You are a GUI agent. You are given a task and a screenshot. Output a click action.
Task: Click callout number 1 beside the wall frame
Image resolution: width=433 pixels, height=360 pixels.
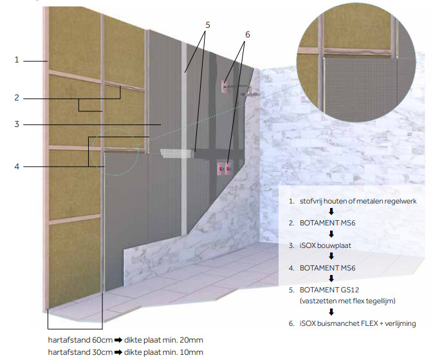point(17,60)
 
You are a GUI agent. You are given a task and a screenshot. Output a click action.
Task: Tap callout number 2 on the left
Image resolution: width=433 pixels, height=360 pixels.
point(17,98)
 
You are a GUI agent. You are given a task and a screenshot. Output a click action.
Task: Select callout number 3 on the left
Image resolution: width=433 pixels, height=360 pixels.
point(17,124)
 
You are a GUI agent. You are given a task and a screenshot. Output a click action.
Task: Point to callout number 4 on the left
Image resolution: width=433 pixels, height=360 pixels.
point(17,166)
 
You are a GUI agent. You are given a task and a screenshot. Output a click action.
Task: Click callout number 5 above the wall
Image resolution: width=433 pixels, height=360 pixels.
point(208,25)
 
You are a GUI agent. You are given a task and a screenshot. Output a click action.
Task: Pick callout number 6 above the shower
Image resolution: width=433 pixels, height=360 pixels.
point(248,35)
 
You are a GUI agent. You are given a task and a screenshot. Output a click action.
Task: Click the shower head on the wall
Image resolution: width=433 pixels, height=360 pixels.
point(250,93)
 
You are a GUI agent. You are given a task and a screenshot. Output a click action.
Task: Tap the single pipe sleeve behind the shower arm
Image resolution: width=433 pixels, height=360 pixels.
point(224,87)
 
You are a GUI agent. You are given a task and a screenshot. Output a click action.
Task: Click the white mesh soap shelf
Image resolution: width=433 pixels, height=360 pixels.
point(176,153)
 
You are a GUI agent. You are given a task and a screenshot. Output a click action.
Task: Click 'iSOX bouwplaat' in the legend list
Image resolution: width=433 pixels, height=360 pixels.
point(326,245)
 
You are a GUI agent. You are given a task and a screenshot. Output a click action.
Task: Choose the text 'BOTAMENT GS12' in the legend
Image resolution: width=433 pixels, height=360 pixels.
point(329,290)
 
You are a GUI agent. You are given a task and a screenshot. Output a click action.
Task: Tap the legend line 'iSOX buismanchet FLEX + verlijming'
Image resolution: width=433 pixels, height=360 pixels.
point(358,323)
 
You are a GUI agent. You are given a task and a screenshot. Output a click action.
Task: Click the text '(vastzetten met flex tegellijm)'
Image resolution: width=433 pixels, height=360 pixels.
point(347,301)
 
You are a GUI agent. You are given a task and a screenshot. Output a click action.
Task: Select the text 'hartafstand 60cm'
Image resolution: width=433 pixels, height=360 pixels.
point(80,340)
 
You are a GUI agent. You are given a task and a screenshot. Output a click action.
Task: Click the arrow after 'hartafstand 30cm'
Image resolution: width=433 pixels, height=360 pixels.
point(118,352)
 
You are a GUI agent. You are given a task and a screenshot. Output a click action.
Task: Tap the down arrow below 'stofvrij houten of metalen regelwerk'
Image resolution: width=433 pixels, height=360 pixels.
point(331,211)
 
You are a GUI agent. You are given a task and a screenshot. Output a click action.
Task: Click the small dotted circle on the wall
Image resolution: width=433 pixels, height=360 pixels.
point(115,152)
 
